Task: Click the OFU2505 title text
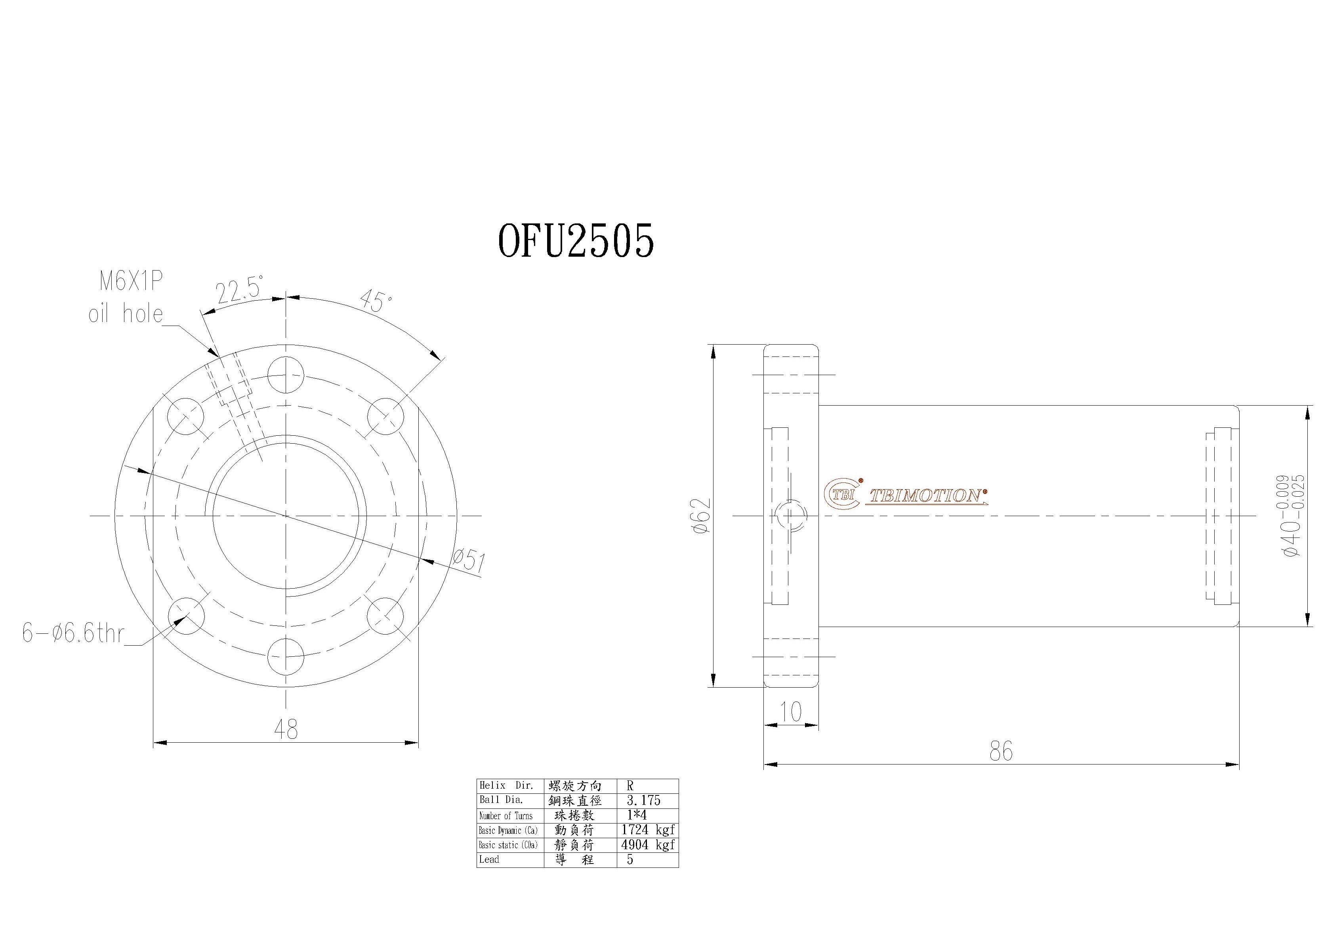tap(576, 240)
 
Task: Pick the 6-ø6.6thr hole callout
tap(73, 633)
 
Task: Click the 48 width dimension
tap(286, 729)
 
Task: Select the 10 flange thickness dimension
tap(790, 712)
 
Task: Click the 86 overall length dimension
tap(1001, 751)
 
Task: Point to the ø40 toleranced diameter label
tap(1294, 515)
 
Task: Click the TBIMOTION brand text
tap(926, 496)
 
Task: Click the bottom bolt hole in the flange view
tap(286, 656)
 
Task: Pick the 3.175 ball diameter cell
tap(643, 800)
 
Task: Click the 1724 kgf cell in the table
tap(647, 829)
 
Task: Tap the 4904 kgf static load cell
tap(647, 844)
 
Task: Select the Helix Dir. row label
tap(507, 785)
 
